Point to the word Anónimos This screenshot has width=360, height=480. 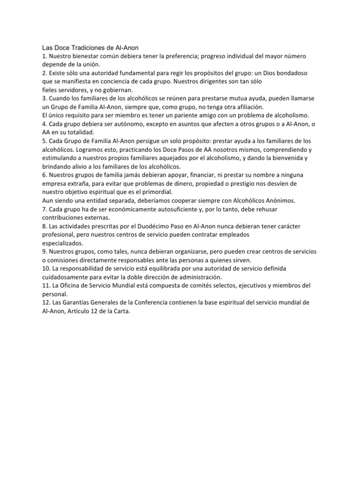pos(277,200)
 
